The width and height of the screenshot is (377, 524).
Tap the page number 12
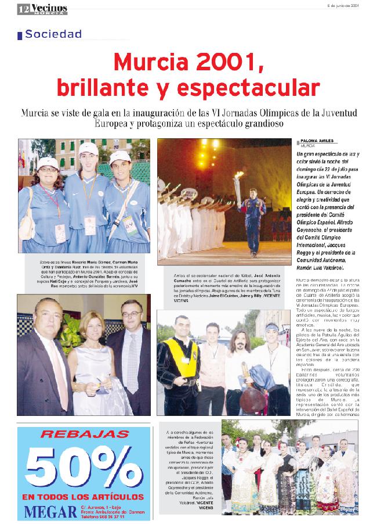[23, 9]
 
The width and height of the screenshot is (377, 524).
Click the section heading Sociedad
[53, 34]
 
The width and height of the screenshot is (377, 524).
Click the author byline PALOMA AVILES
[317, 141]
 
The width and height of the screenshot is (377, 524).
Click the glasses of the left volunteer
[47, 170]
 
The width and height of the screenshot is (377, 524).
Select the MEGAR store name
[52, 512]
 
